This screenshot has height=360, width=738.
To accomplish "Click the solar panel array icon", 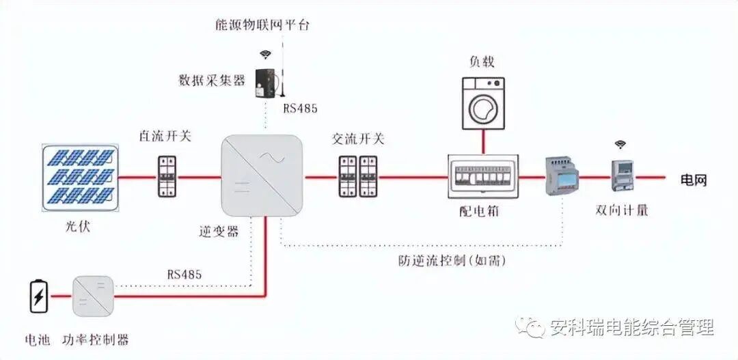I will (82, 177).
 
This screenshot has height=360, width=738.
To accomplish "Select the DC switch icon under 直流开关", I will (166, 177).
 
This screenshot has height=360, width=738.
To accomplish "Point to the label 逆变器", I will (220, 232).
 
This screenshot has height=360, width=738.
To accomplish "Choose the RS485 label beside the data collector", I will (301, 109).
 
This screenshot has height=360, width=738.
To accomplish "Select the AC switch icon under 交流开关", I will (358, 177).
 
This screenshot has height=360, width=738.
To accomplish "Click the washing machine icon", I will (483, 102).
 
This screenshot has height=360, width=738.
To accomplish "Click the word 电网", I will (694, 180).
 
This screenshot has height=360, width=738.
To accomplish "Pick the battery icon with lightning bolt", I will (38, 296).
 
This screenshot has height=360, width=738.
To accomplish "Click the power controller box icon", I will (92, 296).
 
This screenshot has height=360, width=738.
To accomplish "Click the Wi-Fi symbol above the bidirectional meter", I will (620, 145).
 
